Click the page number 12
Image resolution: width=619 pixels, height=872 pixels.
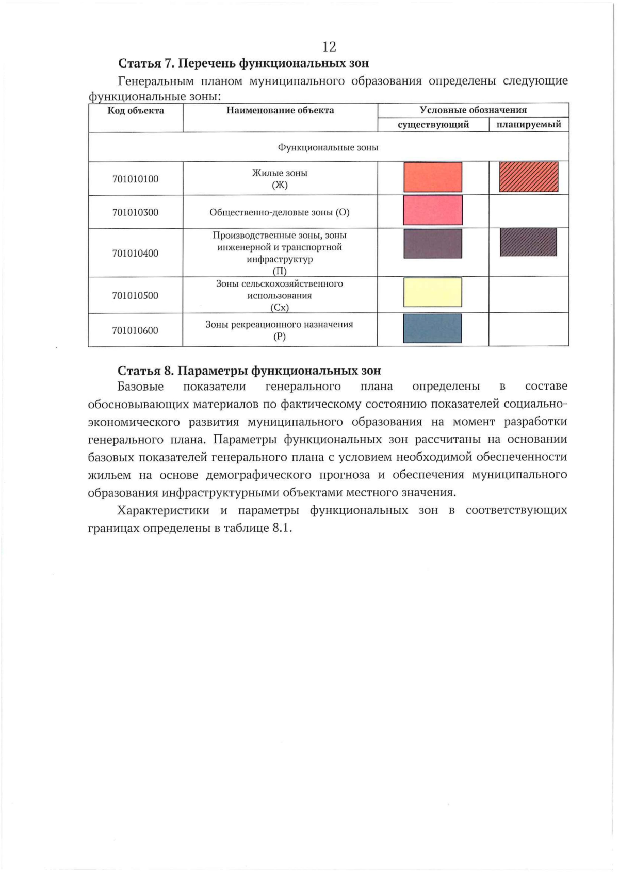point(329,47)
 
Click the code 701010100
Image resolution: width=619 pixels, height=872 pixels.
point(135,179)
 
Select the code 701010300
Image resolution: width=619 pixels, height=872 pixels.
point(135,212)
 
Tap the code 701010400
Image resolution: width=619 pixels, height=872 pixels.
point(135,253)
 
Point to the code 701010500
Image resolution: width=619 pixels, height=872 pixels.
point(135,296)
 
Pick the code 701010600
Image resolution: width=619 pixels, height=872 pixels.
point(135,330)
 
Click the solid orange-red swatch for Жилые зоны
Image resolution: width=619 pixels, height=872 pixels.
point(432,177)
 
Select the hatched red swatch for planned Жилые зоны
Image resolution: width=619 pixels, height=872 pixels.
point(528,177)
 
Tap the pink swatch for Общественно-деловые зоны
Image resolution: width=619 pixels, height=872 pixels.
point(432,210)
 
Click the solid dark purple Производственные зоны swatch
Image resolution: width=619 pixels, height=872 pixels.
point(432,244)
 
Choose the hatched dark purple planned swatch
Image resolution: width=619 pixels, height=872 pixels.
point(528,242)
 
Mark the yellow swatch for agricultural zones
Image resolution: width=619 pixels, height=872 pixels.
point(432,292)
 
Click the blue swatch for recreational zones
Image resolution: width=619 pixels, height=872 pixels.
point(432,328)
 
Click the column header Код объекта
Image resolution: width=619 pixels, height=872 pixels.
point(136,110)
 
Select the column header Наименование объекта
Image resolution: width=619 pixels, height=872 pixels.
point(280,110)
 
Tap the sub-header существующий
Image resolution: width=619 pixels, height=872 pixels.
point(433,125)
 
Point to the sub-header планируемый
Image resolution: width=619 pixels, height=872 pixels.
point(529,125)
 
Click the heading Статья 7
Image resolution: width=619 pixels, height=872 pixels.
point(243,63)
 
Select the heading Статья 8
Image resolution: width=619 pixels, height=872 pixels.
point(249,371)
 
